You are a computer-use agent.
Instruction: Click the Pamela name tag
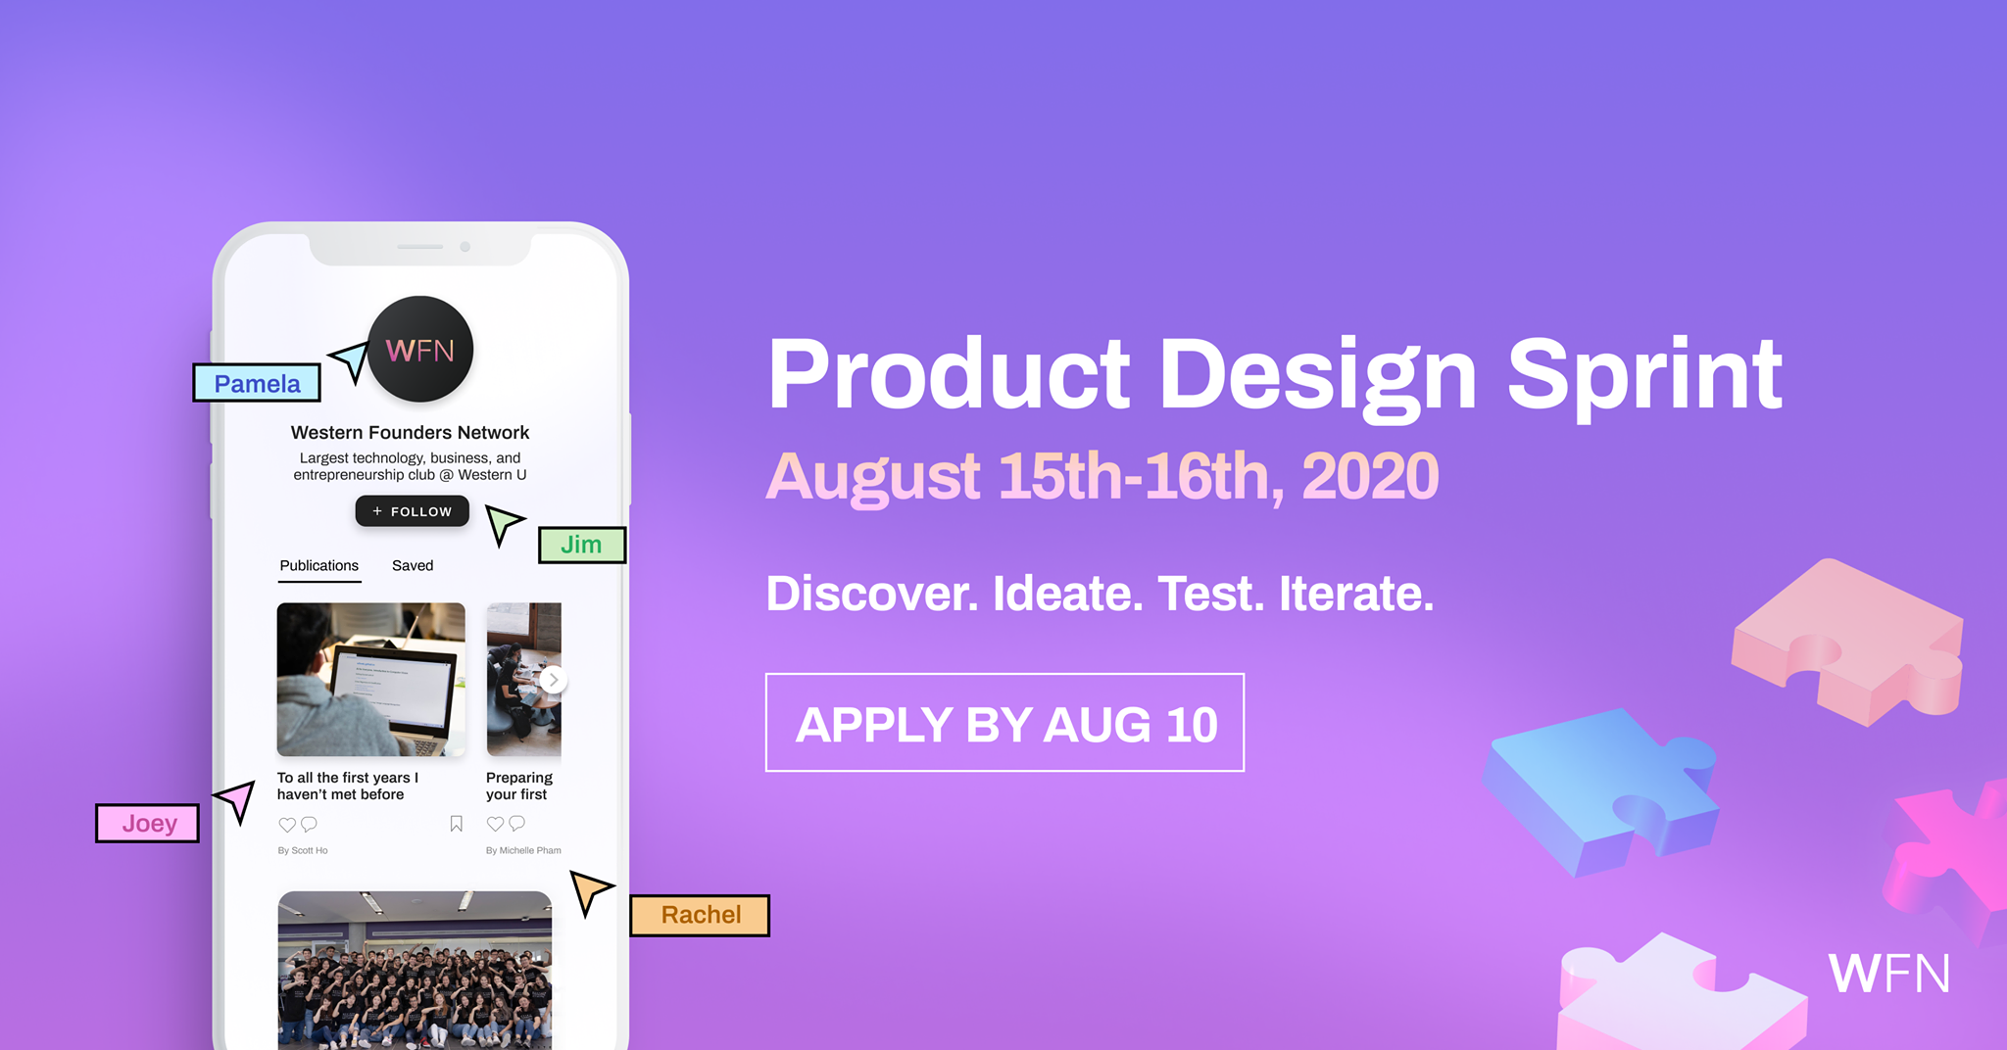[257, 383]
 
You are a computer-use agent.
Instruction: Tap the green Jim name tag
[582, 545]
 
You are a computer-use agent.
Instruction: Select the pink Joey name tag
[147, 823]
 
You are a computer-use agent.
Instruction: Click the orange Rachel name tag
[700, 915]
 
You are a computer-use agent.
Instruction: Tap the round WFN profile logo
[420, 350]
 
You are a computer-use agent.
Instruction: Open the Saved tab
[413, 566]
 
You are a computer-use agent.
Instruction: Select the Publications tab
[319, 566]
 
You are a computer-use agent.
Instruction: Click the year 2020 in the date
[1370, 477]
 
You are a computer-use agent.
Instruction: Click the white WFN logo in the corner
[1888, 974]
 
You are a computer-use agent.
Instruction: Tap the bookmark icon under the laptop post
[456, 824]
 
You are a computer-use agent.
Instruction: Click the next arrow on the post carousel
[554, 680]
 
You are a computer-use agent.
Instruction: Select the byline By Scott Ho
[303, 850]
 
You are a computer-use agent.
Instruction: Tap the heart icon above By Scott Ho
[287, 825]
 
